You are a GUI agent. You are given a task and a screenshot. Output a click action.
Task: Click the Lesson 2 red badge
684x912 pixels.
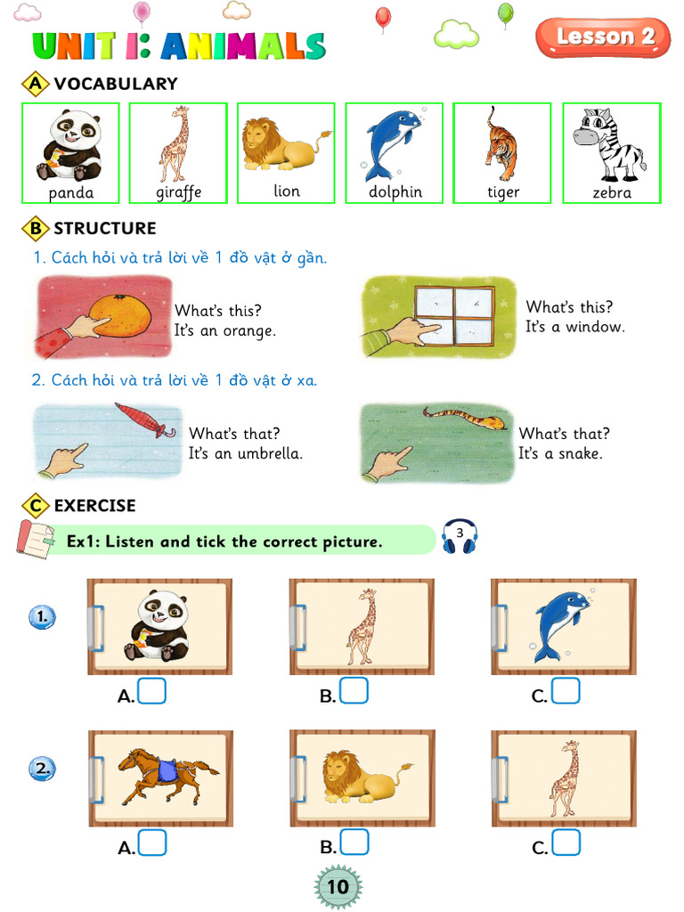pyautogui.click(x=603, y=37)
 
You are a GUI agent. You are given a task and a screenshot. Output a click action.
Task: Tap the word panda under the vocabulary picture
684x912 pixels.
pyautogui.click(x=70, y=192)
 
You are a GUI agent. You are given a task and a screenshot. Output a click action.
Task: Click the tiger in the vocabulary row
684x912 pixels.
pyautogui.click(x=501, y=142)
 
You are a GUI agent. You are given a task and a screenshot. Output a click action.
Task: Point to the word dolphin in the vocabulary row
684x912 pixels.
pyautogui.click(x=395, y=192)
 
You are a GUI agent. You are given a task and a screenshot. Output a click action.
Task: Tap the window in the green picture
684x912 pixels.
pyautogui.click(x=454, y=315)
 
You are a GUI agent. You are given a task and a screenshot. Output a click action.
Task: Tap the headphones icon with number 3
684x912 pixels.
pyautogui.click(x=460, y=537)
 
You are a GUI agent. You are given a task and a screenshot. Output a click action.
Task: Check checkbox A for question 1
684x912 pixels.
pyautogui.click(x=152, y=691)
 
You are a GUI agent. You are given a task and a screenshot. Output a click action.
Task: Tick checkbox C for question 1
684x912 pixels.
pyautogui.click(x=566, y=691)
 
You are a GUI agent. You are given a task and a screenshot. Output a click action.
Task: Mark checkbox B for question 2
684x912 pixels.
pyautogui.click(x=354, y=843)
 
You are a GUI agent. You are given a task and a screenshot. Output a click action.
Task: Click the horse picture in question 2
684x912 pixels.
pyautogui.click(x=167, y=775)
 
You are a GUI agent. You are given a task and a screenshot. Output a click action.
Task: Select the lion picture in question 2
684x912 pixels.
pyautogui.click(x=365, y=776)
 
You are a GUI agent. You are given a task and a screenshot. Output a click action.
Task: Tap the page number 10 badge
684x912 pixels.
pyautogui.click(x=338, y=887)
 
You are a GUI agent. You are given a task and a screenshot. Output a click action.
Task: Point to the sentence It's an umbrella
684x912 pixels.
pyautogui.click(x=245, y=453)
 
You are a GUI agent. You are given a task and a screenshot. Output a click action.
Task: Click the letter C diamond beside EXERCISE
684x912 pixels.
pyautogui.click(x=35, y=506)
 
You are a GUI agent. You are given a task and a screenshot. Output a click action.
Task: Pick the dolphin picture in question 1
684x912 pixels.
pyautogui.click(x=561, y=626)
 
